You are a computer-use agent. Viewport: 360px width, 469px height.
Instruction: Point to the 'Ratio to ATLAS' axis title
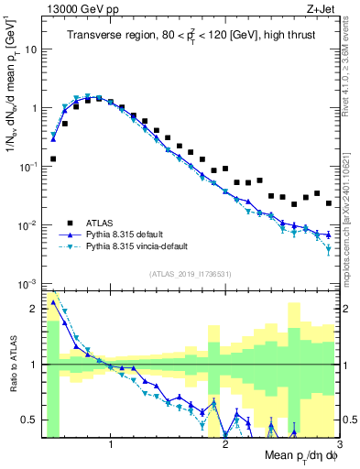12,365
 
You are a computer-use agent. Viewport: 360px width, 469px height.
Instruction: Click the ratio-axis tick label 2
35,309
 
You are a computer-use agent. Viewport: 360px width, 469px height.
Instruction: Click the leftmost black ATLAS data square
53,158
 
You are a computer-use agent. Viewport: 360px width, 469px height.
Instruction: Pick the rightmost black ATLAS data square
328,203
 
